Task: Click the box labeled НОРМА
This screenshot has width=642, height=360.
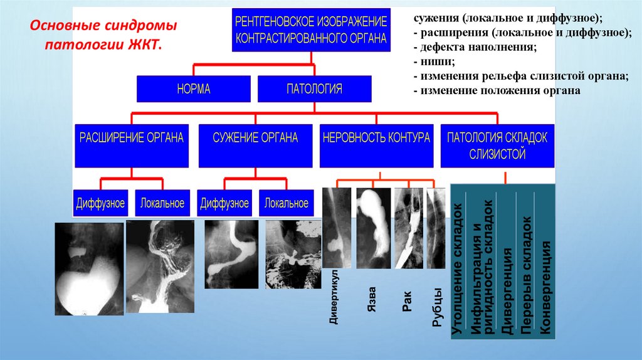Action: pos(193,89)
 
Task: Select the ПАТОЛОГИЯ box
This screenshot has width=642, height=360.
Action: pos(315,89)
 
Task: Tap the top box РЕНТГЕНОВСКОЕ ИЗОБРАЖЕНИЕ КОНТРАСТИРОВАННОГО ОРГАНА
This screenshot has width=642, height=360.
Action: pos(311,29)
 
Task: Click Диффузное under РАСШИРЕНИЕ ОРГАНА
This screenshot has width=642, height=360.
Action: pos(100,203)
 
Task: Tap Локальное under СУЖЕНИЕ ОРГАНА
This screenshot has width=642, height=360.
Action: pos(286,203)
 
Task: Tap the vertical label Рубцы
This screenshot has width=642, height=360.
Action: pos(436,307)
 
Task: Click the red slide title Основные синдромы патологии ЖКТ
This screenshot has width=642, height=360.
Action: pos(104,36)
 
